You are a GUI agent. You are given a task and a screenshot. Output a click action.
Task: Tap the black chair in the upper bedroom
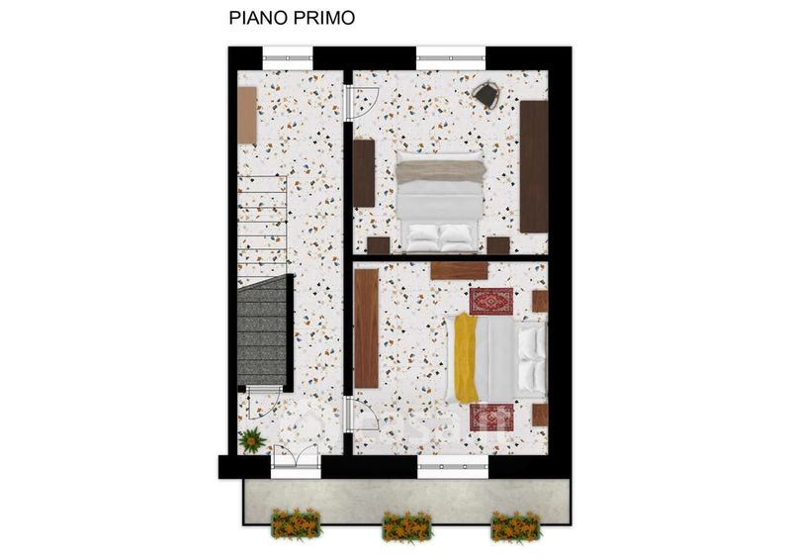(x=485, y=94)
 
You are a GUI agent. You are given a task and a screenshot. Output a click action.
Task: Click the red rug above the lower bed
(x=490, y=301)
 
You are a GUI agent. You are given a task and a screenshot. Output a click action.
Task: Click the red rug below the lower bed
(x=491, y=418)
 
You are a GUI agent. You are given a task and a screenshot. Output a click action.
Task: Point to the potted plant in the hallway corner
(x=252, y=440)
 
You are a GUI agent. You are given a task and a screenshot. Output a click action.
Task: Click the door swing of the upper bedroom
(x=363, y=103)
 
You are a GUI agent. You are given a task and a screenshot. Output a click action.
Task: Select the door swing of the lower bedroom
(x=363, y=414)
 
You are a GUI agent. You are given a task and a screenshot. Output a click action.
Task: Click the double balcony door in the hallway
(x=296, y=460)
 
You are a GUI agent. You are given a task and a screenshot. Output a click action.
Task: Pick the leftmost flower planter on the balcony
(x=296, y=523)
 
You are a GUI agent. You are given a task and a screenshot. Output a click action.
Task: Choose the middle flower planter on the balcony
(x=406, y=526)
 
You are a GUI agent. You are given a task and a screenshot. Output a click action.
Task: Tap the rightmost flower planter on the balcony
(x=515, y=525)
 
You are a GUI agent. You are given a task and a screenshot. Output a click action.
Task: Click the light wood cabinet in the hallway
(x=247, y=116)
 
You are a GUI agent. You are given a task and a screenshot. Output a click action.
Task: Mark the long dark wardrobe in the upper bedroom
(x=534, y=166)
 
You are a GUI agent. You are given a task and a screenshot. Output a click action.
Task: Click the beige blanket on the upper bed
(x=440, y=171)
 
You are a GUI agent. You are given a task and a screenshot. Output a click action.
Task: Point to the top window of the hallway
(x=288, y=58)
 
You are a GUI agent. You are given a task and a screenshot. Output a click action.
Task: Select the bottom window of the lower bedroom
(x=453, y=467)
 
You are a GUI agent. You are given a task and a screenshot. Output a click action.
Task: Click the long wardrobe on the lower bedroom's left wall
(x=367, y=328)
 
